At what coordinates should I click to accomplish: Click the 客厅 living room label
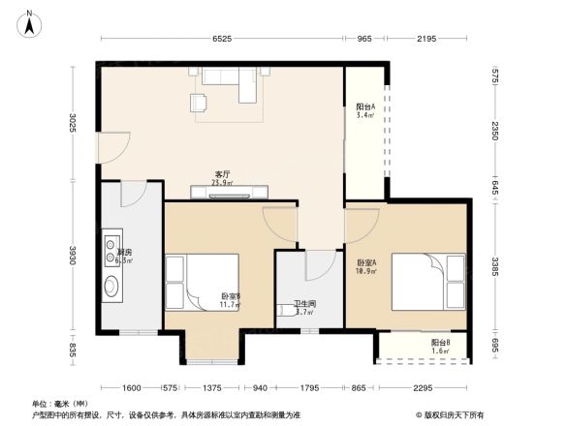pyautogui.click(x=222, y=177)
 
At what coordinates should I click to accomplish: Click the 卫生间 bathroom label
pyautogui.click(x=303, y=307)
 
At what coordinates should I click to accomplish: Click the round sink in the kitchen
pyautogui.click(x=111, y=286)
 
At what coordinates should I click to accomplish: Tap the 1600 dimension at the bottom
pyautogui.click(x=133, y=387)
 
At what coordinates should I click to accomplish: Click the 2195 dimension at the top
pyautogui.click(x=428, y=39)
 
